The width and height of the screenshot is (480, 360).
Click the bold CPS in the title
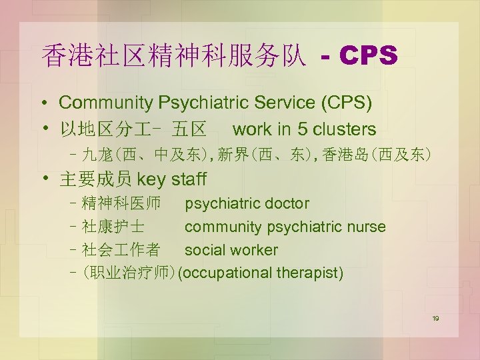point(369,57)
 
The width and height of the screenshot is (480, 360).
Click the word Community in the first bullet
point(107,103)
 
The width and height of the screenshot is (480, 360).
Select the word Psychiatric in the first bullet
point(196,103)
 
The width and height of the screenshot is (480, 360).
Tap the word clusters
point(343,129)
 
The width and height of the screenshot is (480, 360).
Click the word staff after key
point(189,179)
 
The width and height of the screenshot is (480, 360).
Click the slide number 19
point(435,319)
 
